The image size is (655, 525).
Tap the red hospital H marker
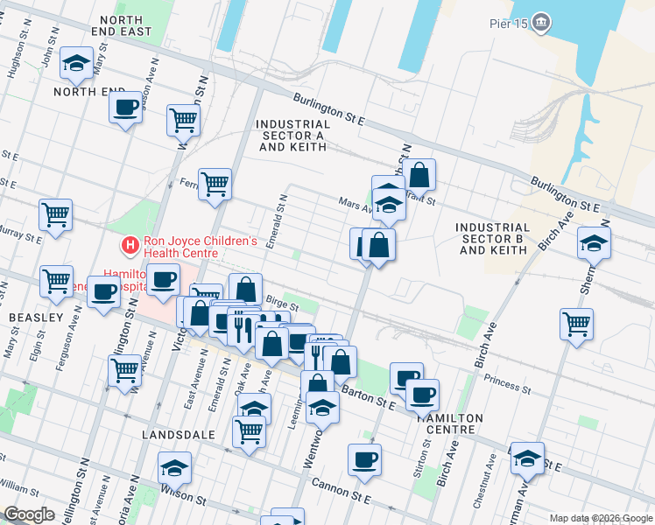[130, 245]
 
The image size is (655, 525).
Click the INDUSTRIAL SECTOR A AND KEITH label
[291, 136]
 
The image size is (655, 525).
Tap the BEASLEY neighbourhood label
[36, 317]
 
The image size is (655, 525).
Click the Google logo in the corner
[29, 514]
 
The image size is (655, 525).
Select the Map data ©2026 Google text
[600, 518]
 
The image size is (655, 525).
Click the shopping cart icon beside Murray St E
[55, 214]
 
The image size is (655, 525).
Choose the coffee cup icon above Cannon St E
[364, 458]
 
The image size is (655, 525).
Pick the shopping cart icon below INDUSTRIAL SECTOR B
[577, 324]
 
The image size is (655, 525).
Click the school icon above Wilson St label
[175, 467]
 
